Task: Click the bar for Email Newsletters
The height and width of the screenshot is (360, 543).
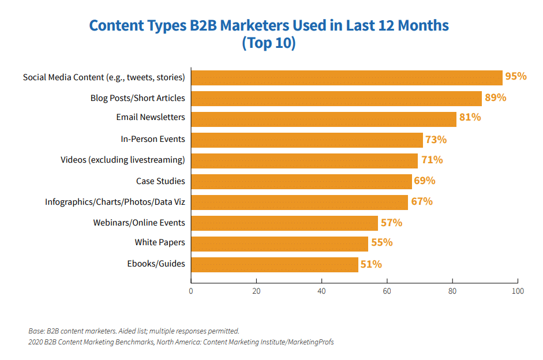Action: pos(323,119)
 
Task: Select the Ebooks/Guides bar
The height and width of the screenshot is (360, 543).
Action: pos(274,264)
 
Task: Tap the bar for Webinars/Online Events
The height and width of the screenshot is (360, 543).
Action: pos(284,223)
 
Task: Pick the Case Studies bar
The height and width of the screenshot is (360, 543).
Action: pos(301,181)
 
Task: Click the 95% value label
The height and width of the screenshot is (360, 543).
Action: pos(515,76)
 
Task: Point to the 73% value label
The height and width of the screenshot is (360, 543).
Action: pos(436,140)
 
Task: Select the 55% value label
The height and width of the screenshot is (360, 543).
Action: pos(381,243)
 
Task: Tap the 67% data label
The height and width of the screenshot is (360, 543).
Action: pos(421,201)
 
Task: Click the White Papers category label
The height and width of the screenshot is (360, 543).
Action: pos(160,243)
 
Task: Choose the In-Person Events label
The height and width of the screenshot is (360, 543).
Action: pos(153,139)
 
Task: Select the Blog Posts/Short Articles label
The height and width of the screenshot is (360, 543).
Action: pos(137,97)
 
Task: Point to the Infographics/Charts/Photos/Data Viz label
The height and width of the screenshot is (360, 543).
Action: pos(115,202)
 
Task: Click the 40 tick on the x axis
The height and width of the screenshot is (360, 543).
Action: pos(321,291)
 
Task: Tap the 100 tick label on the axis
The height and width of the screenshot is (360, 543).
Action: pos(518,291)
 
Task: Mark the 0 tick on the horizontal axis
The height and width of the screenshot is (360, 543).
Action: pos(191,291)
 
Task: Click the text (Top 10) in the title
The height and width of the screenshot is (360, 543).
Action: pos(269,43)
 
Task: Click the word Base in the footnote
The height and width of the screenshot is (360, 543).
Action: pos(36,331)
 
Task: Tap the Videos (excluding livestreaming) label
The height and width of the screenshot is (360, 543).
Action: pos(122,160)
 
